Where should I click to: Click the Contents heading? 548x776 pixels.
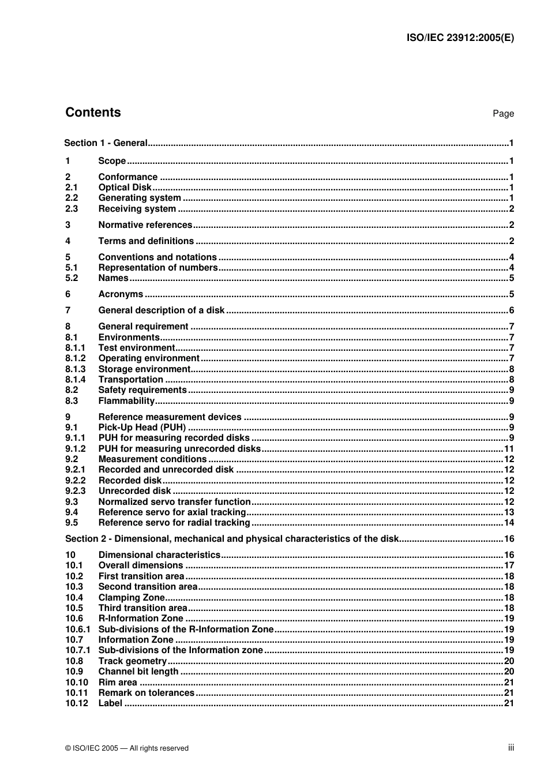point(93,113)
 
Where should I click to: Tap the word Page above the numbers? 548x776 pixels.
point(503,114)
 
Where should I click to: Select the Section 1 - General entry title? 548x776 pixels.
point(106,143)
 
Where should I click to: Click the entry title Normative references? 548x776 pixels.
point(145,225)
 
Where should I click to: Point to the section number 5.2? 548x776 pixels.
point(72,278)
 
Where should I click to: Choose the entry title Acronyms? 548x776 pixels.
point(121,294)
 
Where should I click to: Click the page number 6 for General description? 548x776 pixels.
point(511,310)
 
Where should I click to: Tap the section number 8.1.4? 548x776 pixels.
point(75,380)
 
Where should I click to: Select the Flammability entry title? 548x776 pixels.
point(126,401)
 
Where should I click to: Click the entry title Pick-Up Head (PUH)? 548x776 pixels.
point(142,428)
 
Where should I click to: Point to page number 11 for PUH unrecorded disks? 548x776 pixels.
point(509,449)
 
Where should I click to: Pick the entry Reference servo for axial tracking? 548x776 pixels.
point(172,512)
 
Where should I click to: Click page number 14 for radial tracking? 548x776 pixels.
point(509,523)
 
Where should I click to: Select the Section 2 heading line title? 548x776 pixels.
point(231,539)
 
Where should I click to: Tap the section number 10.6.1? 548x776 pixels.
point(77,629)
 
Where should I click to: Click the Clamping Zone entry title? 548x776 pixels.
point(132,598)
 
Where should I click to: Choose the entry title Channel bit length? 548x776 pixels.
point(138,672)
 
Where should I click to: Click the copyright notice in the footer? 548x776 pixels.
point(127,748)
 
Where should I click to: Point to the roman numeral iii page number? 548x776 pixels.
point(511,748)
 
